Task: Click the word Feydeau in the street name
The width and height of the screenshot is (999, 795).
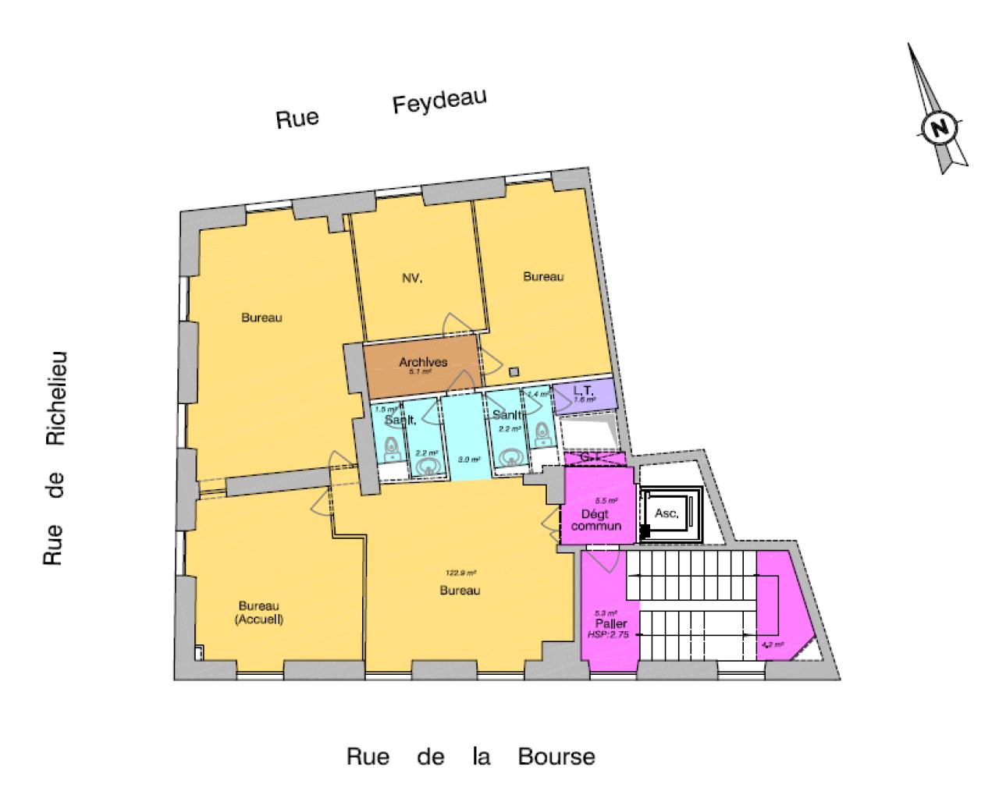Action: pyautogui.click(x=439, y=101)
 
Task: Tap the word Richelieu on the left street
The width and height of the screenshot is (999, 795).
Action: pyautogui.click(x=55, y=399)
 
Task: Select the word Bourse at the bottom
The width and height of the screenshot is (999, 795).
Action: pyautogui.click(x=556, y=757)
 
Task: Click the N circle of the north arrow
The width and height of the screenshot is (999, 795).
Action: pyautogui.click(x=940, y=128)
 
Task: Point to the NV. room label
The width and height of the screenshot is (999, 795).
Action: pyautogui.click(x=412, y=279)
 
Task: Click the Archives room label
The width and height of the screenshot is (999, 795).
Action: pyautogui.click(x=422, y=362)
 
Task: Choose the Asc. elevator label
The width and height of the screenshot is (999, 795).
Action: pyautogui.click(x=666, y=514)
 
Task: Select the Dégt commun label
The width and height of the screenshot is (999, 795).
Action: pyautogui.click(x=596, y=520)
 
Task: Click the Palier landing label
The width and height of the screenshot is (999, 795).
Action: pyautogui.click(x=610, y=624)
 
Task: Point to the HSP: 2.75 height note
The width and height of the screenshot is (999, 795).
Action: pyautogui.click(x=609, y=636)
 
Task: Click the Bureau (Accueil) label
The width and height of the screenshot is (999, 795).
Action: pyautogui.click(x=260, y=613)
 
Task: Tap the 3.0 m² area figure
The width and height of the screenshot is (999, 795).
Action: pyautogui.click(x=468, y=460)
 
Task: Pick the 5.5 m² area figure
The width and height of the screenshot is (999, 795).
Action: pyautogui.click(x=606, y=501)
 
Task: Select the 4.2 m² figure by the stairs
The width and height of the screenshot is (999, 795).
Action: pyautogui.click(x=772, y=645)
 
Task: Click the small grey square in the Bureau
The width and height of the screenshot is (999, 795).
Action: pyautogui.click(x=514, y=371)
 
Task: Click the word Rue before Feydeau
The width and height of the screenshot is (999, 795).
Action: pyautogui.click(x=297, y=119)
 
